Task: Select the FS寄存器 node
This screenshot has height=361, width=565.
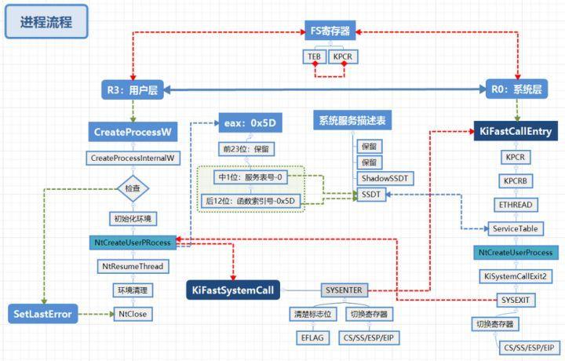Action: (x=330, y=32)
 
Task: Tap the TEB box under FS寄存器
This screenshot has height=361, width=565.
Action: (x=313, y=57)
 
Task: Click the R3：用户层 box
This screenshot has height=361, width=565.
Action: (x=132, y=90)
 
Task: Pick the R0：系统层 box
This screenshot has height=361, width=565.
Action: (x=516, y=90)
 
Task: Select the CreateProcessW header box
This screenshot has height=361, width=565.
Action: (x=132, y=132)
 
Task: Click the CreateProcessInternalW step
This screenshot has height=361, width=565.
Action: (x=132, y=159)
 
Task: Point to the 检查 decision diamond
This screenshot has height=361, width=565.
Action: (x=132, y=188)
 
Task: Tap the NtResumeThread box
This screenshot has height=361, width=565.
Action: (x=132, y=267)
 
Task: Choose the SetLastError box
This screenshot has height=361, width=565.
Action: (x=43, y=315)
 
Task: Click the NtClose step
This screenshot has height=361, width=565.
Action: (x=132, y=315)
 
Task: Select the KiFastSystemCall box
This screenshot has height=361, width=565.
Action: (x=232, y=290)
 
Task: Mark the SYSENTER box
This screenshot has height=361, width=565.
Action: (x=343, y=290)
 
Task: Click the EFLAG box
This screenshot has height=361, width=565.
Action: (x=305, y=338)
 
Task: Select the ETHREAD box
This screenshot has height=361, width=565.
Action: (x=516, y=203)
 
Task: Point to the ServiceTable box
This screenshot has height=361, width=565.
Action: (x=516, y=228)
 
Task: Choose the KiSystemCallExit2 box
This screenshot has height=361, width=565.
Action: (x=516, y=276)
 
